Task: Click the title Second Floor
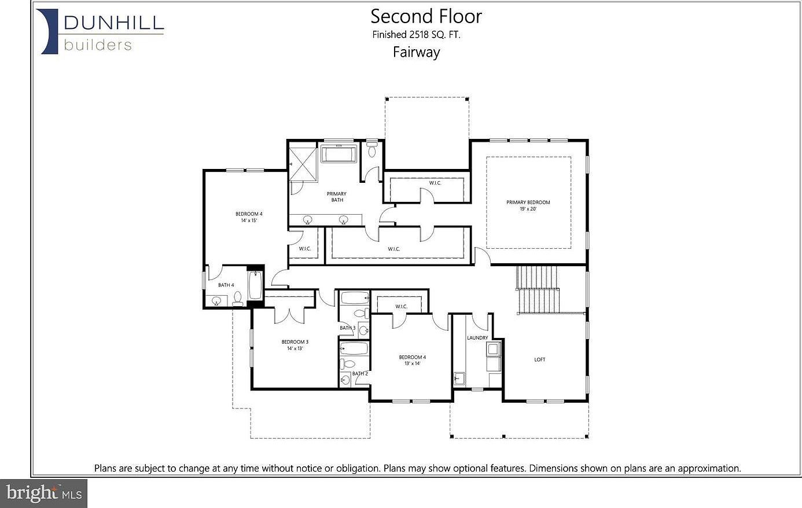pyautogui.click(x=426, y=16)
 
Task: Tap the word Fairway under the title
pyautogui.click(x=416, y=52)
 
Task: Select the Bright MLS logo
pyautogui.click(x=44, y=494)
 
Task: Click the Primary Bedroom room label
pyautogui.click(x=528, y=203)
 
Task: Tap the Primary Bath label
pyautogui.click(x=337, y=197)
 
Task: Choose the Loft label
pyautogui.click(x=539, y=360)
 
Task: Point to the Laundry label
pyautogui.click(x=477, y=338)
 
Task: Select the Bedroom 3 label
pyautogui.click(x=295, y=342)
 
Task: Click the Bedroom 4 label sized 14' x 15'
pyautogui.click(x=249, y=214)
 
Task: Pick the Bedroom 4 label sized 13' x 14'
pyautogui.click(x=412, y=358)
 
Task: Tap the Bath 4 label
pyautogui.click(x=226, y=285)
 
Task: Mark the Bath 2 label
pyautogui.click(x=360, y=374)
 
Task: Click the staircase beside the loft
pyautogui.click(x=538, y=289)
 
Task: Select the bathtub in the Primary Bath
pyautogui.click(x=340, y=154)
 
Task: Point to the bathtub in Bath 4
pyautogui.click(x=255, y=286)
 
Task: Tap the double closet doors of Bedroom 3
pyautogui.click(x=289, y=314)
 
